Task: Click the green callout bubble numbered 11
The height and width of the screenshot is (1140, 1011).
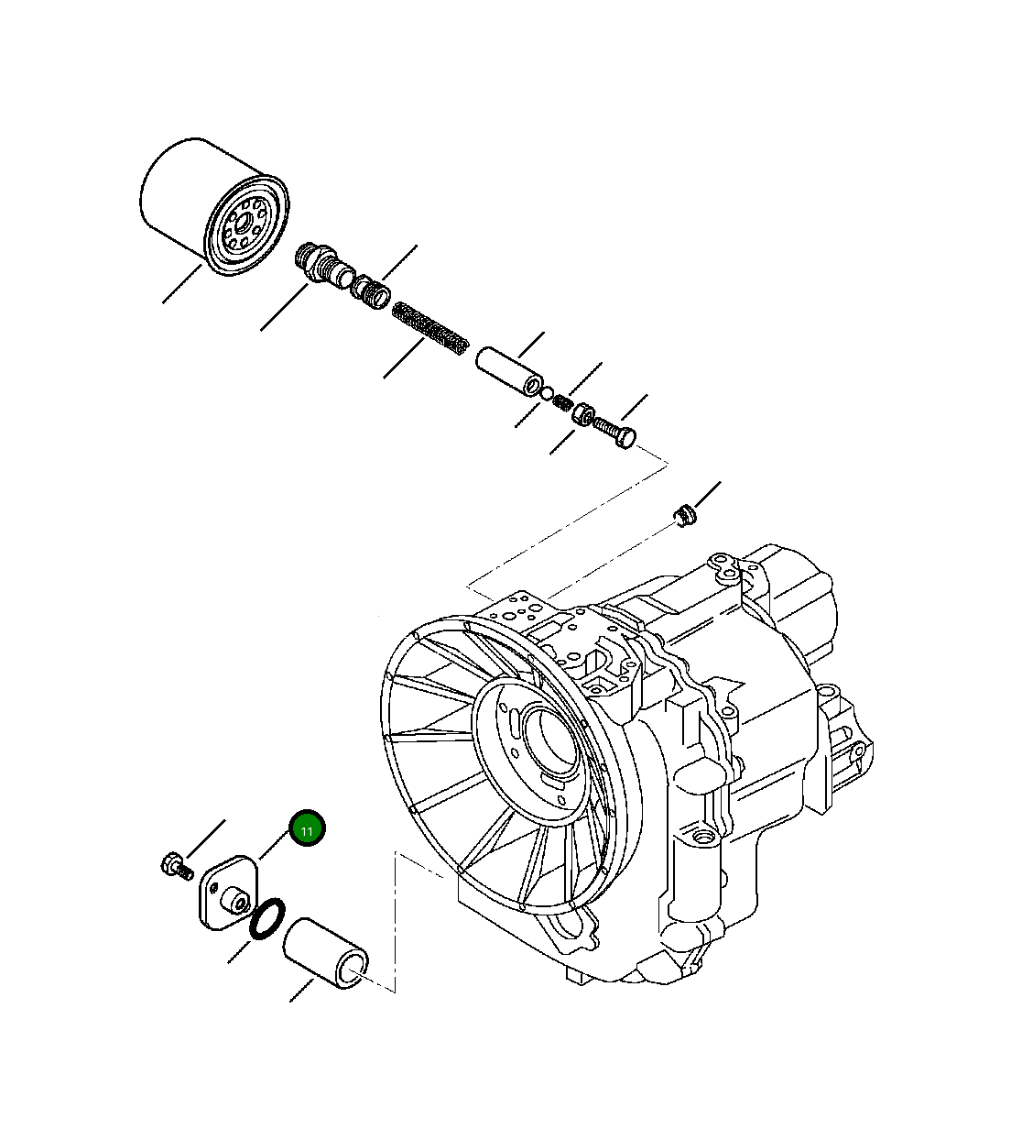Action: click(x=308, y=830)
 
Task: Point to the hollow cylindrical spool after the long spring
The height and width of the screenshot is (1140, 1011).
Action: click(x=508, y=372)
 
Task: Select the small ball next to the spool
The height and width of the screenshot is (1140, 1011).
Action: click(x=547, y=394)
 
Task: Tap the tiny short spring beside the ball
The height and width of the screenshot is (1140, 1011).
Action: click(x=563, y=402)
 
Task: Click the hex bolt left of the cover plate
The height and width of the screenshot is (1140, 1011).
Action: click(x=175, y=864)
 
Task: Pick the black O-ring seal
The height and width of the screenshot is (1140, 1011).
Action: click(x=268, y=920)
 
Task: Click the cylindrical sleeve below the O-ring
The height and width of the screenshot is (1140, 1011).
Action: click(x=326, y=954)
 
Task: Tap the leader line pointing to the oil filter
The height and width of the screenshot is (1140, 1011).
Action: click(x=182, y=283)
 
